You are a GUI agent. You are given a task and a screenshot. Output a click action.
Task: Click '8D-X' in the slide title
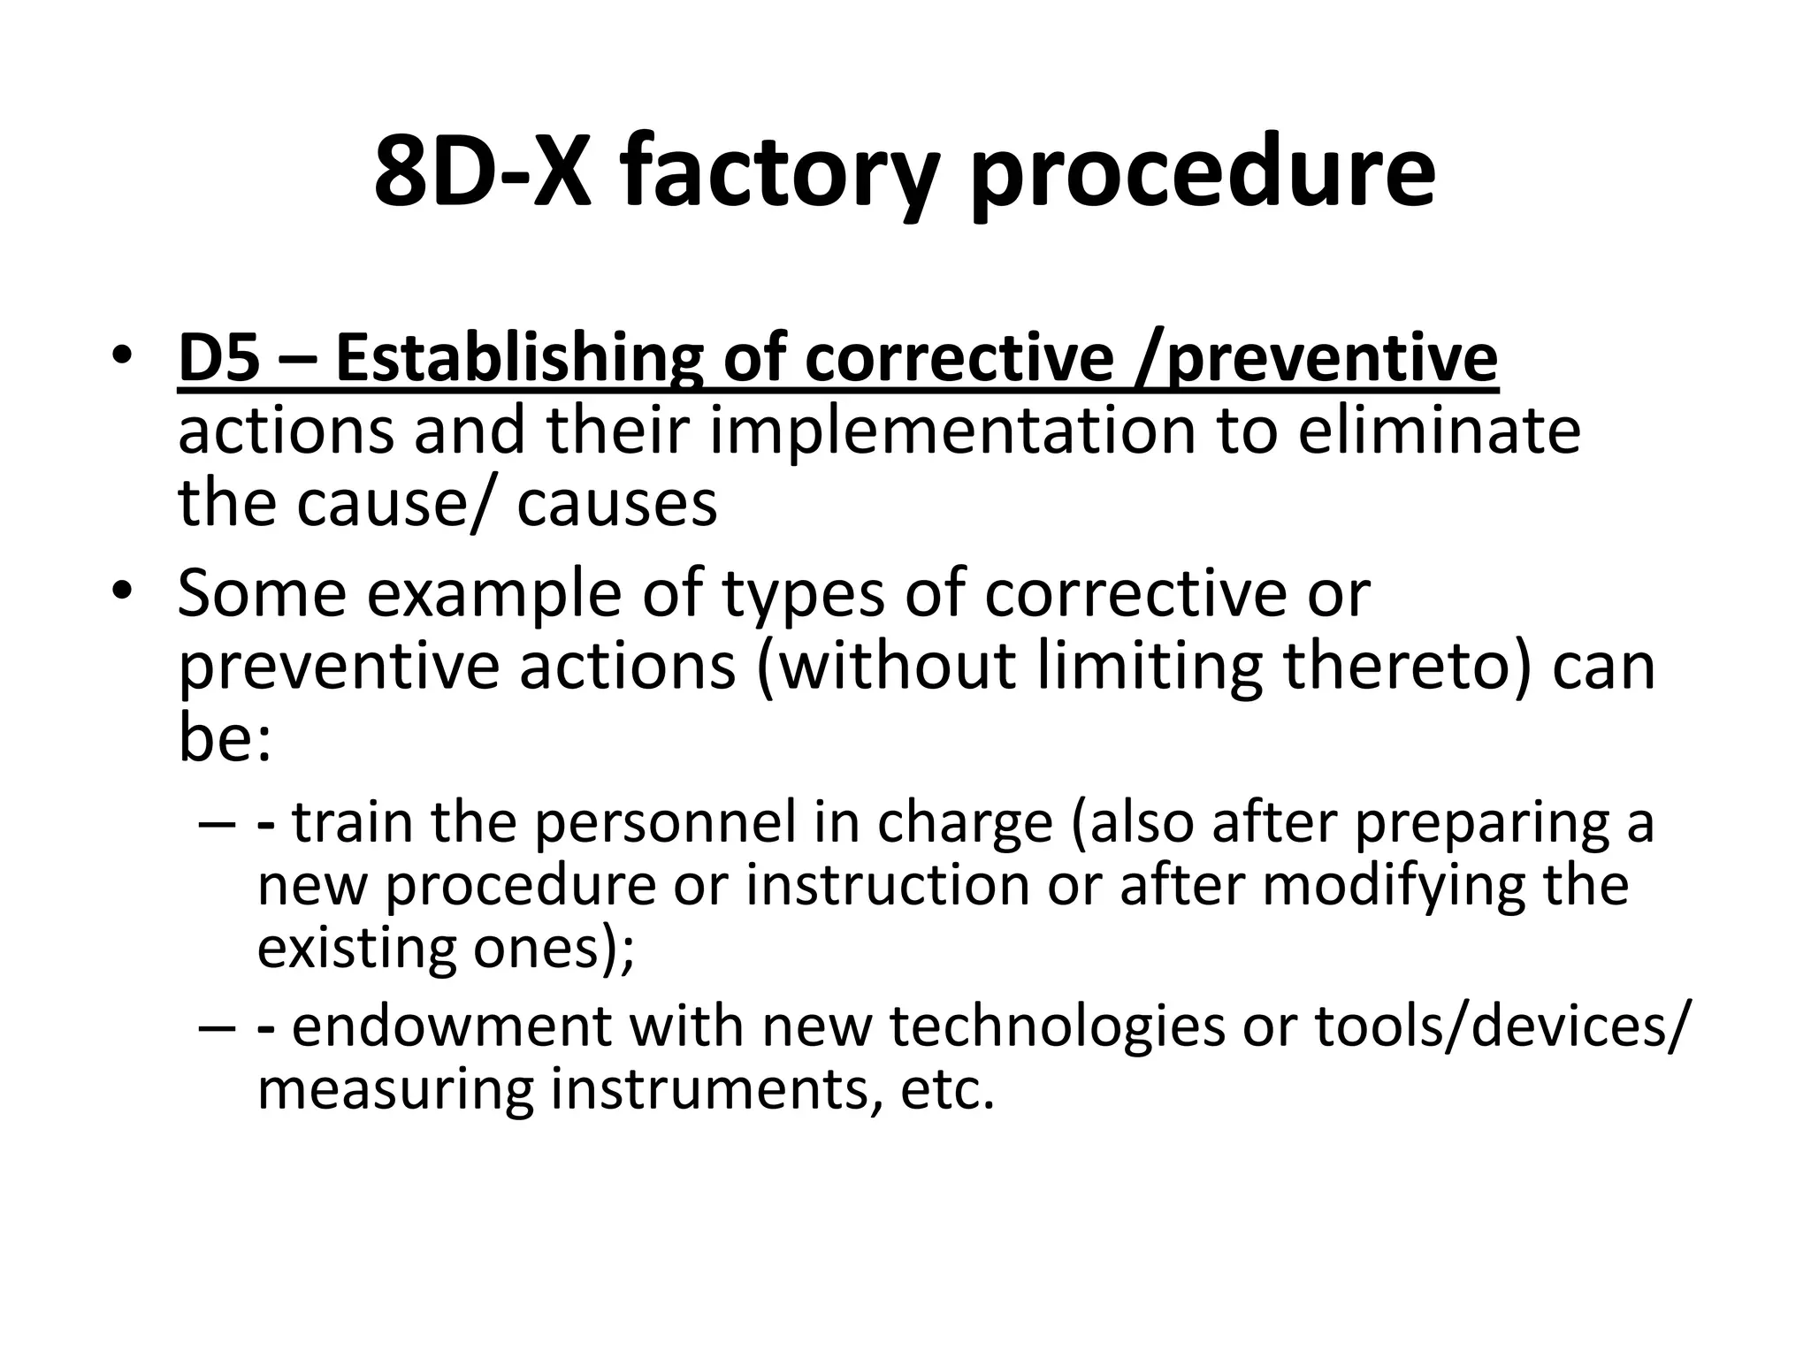tap(481, 172)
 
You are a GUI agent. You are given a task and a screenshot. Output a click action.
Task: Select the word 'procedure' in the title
tap(1202, 172)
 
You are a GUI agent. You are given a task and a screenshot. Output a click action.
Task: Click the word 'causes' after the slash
tap(616, 503)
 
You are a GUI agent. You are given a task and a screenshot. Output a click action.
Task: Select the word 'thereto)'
tap(1405, 667)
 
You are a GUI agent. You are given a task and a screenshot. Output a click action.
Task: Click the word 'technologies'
tap(1057, 1026)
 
